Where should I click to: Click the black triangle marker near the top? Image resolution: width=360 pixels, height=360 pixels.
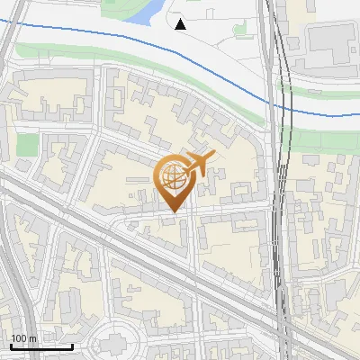point(180,24)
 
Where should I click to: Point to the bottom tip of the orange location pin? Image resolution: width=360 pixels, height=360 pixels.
point(172,213)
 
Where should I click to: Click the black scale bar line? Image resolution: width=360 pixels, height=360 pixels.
point(41,346)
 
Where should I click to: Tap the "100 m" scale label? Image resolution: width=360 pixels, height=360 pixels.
point(24,338)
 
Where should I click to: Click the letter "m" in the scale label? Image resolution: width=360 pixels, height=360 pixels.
point(33,338)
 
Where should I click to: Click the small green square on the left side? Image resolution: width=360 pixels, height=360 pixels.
point(27,144)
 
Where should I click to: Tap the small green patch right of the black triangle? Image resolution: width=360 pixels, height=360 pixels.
point(240,29)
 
